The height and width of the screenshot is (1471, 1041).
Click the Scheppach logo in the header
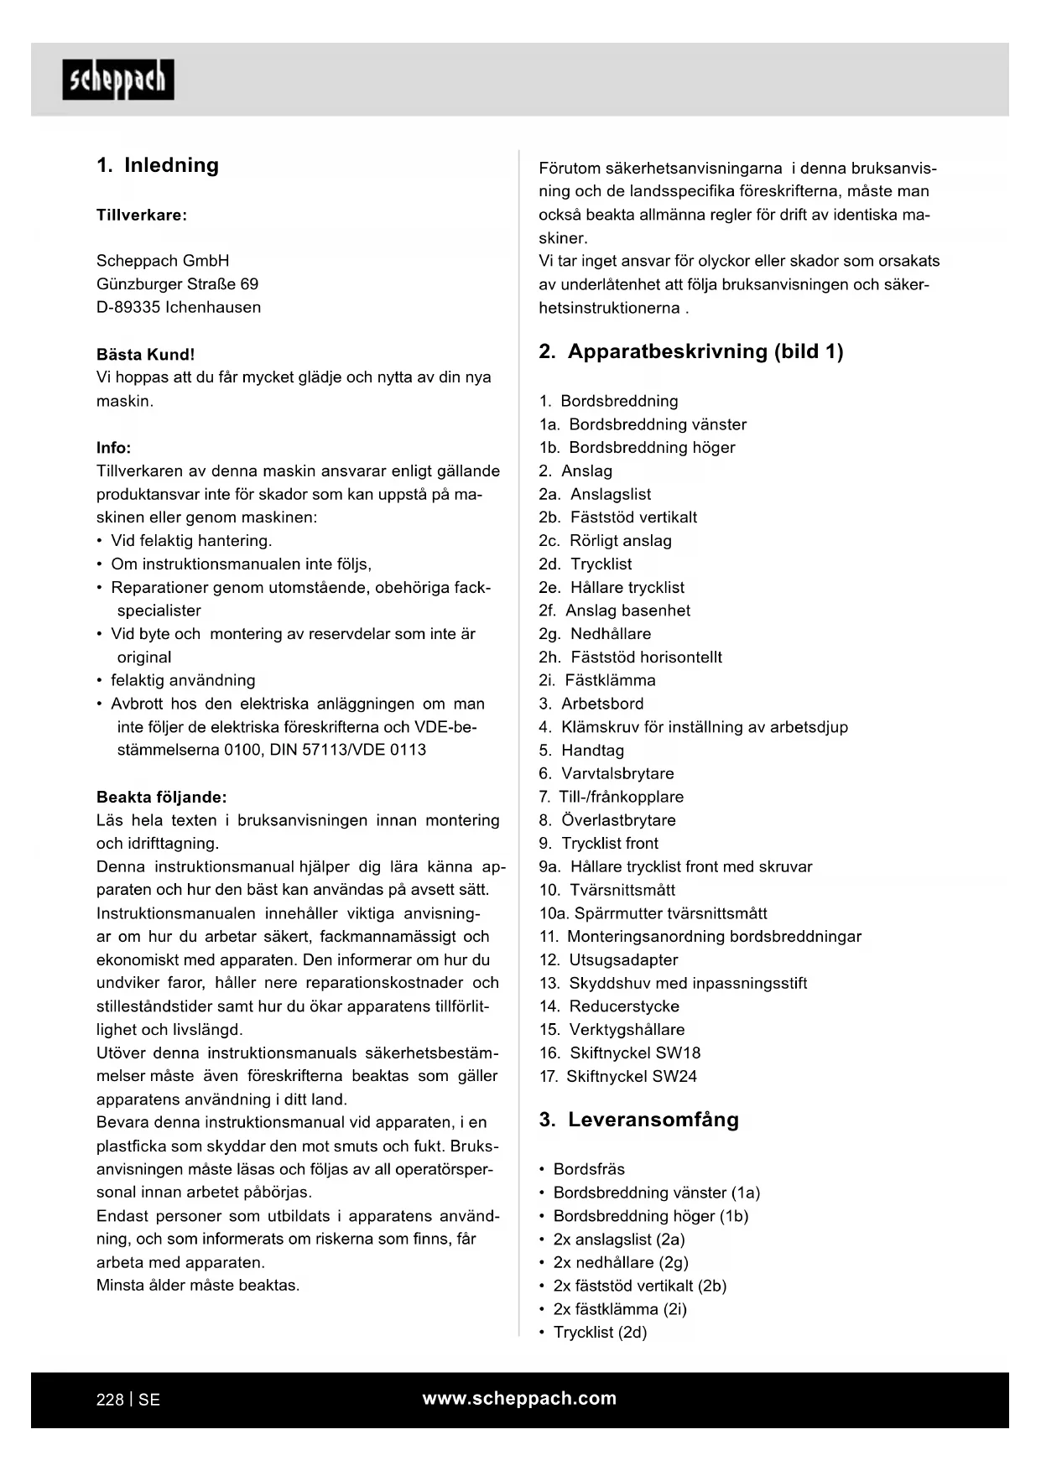(x=118, y=80)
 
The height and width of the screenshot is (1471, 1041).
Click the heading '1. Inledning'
(x=158, y=165)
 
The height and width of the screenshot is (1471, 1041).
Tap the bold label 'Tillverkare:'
(x=142, y=215)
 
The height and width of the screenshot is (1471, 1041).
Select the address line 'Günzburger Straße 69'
(x=177, y=284)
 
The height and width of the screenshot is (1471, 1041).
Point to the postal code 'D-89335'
(x=128, y=308)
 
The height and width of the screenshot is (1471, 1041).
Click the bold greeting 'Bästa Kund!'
(x=145, y=355)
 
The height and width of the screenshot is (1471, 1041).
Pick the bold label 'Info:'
(x=113, y=448)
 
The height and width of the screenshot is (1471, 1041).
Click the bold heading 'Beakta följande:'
(x=161, y=797)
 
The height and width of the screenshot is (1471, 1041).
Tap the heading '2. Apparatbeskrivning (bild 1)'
(x=690, y=351)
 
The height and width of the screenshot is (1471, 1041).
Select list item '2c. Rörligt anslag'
(x=605, y=541)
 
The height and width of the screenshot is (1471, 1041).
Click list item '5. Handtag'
(x=581, y=751)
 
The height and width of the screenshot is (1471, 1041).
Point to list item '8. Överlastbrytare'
(x=606, y=820)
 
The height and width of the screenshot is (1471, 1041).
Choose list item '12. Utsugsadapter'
(x=608, y=960)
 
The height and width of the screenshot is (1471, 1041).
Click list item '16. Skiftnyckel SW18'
(x=619, y=1053)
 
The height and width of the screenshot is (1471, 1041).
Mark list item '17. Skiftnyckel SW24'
(x=617, y=1077)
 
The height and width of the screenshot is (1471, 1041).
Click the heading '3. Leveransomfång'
(x=638, y=1120)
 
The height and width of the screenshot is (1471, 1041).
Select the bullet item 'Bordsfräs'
(x=589, y=1170)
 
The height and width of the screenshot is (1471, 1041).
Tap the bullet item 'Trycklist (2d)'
(x=600, y=1333)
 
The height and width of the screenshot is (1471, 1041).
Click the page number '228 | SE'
(x=128, y=1400)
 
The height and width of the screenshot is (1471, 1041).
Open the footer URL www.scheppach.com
(x=519, y=1399)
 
